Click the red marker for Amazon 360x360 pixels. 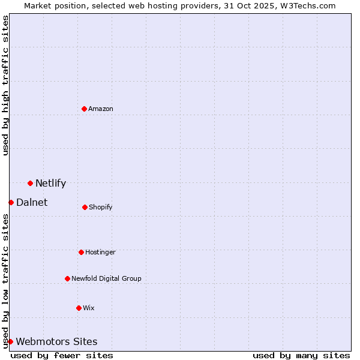pyautogui.click(x=85, y=109)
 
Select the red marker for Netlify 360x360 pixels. pyautogui.click(x=30, y=183)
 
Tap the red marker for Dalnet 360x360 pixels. pyautogui.click(x=11, y=202)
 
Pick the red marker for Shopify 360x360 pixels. pyautogui.click(x=85, y=207)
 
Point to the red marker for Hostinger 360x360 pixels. pyautogui.click(x=81, y=252)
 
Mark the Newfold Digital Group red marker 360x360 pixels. pyautogui.click(x=67, y=278)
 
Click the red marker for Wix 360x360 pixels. pyautogui.click(x=79, y=308)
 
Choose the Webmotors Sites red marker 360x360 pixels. pyautogui.click(x=10, y=341)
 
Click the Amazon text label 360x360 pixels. pyautogui.click(x=101, y=109)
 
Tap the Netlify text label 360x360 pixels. pyautogui.click(x=50, y=184)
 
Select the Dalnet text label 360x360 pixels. pyautogui.click(x=32, y=203)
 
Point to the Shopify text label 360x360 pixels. pyautogui.click(x=101, y=208)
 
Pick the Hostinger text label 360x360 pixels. pyautogui.click(x=100, y=253)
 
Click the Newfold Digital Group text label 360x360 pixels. pyautogui.click(x=106, y=278)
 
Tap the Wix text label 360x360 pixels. pyautogui.click(x=89, y=308)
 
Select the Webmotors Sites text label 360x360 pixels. pyautogui.click(x=56, y=342)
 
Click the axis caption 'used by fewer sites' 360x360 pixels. pyautogui.click(x=62, y=355)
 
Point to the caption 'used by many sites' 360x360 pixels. pyautogui.click(x=301, y=355)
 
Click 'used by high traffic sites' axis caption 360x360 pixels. pyautogui.click(x=5, y=85)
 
